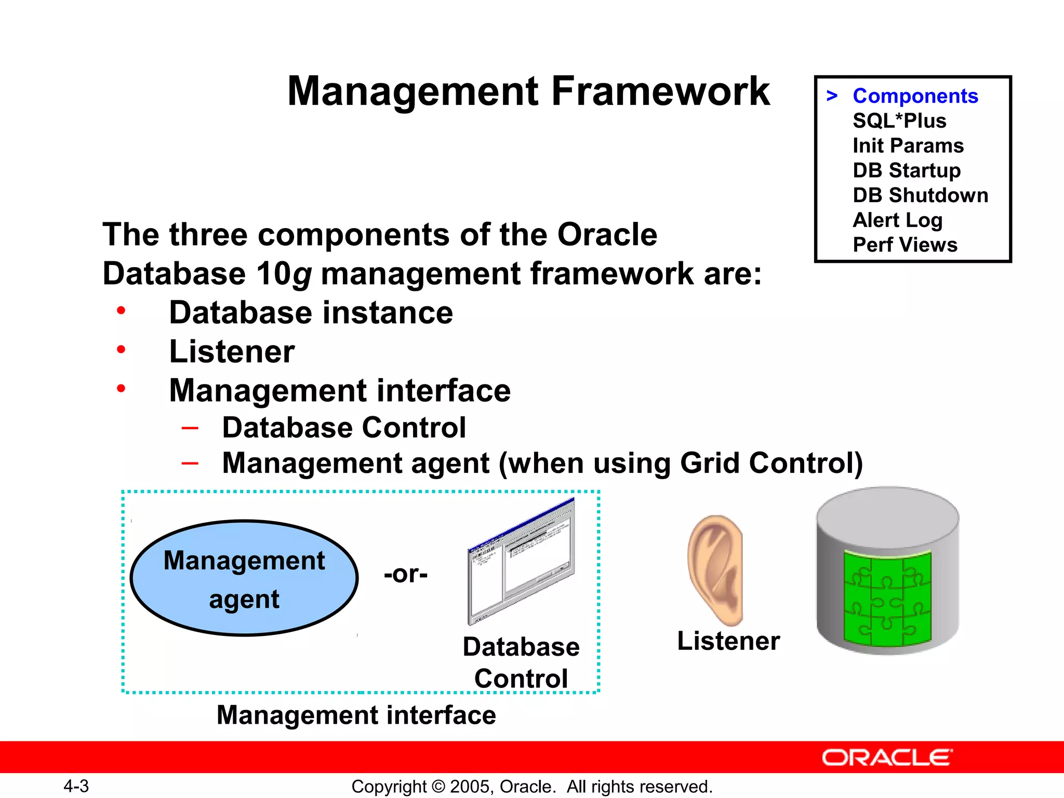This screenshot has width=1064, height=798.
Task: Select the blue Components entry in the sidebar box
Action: (x=915, y=96)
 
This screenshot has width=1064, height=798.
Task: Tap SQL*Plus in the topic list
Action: (x=899, y=121)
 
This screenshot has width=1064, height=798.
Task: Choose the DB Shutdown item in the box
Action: (x=920, y=195)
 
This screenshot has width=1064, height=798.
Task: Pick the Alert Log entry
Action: (x=897, y=220)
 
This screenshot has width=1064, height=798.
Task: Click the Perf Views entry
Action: (x=905, y=245)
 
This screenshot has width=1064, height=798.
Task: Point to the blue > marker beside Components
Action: (x=832, y=96)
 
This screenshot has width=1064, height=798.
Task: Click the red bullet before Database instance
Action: (x=121, y=311)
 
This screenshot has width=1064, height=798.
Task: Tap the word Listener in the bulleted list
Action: (x=232, y=352)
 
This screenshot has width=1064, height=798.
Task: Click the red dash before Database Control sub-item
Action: (x=190, y=428)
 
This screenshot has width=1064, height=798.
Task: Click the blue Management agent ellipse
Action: (x=244, y=578)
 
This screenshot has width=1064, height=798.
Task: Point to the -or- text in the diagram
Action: (x=405, y=574)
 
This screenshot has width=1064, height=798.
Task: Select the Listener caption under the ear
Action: (x=728, y=641)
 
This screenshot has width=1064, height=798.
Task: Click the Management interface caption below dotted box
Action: (x=356, y=715)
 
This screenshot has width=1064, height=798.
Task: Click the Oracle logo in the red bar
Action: (x=887, y=757)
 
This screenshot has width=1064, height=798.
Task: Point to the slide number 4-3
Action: (x=76, y=786)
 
